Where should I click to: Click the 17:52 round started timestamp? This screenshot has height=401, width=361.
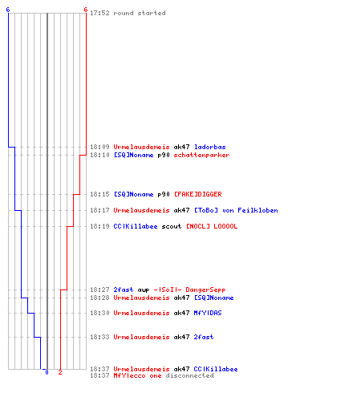pyautogui.click(x=99, y=13)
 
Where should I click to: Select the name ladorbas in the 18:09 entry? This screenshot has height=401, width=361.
pyautogui.click(x=210, y=147)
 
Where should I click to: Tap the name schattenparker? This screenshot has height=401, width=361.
pyautogui.click(x=201, y=155)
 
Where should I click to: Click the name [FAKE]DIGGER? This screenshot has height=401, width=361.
pyautogui.click(x=198, y=194)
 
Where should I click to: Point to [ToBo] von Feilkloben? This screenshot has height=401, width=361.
pyautogui.click(x=236, y=210)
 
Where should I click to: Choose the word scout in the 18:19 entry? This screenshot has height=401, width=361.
pyautogui.click(x=172, y=226)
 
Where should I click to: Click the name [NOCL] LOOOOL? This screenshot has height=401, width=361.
pyautogui.click(x=212, y=226)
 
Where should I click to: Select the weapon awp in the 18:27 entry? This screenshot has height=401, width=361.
pyautogui.click(x=144, y=290)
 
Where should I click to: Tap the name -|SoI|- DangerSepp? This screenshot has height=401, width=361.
pyautogui.click(x=189, y=290)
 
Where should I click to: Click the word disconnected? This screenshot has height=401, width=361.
pyautogui.click(x=189, y=375)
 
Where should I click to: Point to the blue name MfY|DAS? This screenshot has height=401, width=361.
pyautogui.click(x=208, y=313)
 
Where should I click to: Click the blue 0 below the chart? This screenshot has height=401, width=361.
pyautogui.click(x=47, y=372)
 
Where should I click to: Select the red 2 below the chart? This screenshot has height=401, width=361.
pyautogui.click(x=60, y=372)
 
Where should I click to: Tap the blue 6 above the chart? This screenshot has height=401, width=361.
pyautogui.click(x=8, y=10)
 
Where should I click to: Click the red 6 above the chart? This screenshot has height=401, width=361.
pyautogui.click(x=86, y=10)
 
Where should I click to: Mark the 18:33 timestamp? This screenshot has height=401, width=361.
pyautogui.click(x=99, y=337)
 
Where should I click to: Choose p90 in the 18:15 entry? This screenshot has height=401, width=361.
pyautogui.click(x=164, y=194)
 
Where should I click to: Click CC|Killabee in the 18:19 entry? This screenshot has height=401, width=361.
pyautogui.click(x=136, y=226)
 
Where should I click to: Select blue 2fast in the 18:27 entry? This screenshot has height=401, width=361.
pyautogui.click(x=124, y=290)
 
